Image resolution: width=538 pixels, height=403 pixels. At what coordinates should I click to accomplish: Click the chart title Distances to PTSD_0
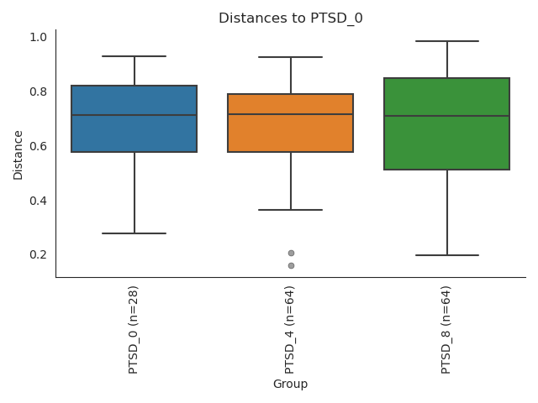[290, 18]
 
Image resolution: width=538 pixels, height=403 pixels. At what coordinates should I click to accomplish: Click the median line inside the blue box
[134, 115]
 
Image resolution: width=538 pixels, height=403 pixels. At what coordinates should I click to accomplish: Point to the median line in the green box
[447, 116]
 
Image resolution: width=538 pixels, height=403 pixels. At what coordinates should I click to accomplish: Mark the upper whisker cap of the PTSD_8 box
[447, 41]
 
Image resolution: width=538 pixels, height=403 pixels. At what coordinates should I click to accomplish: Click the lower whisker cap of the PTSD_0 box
[134, 233]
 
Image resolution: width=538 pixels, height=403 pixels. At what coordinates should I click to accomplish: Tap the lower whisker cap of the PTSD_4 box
[291, 210]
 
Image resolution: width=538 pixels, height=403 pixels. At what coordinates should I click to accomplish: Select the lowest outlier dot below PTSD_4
[291, 265]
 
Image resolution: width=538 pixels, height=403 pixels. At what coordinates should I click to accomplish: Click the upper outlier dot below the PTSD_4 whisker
[291, 253]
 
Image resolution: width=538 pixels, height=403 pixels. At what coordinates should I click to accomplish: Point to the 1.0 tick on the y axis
[38, 37]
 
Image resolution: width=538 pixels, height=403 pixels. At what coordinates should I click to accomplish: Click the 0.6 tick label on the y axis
[38, 146]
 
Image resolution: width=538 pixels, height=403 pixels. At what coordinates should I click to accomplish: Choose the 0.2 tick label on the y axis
[38, 254]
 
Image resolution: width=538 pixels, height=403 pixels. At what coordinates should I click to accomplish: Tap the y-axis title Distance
[18, 154]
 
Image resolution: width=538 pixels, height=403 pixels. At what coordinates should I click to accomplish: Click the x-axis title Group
[290, 384]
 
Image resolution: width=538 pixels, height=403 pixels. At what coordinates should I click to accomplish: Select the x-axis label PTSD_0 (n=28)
[134, 329]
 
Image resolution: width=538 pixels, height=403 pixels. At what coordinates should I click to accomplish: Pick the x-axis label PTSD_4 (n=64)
[290, 329]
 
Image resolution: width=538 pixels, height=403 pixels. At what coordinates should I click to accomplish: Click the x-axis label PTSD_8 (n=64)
[446, 329]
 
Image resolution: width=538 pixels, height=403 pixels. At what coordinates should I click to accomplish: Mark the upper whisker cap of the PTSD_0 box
[134, 56]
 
